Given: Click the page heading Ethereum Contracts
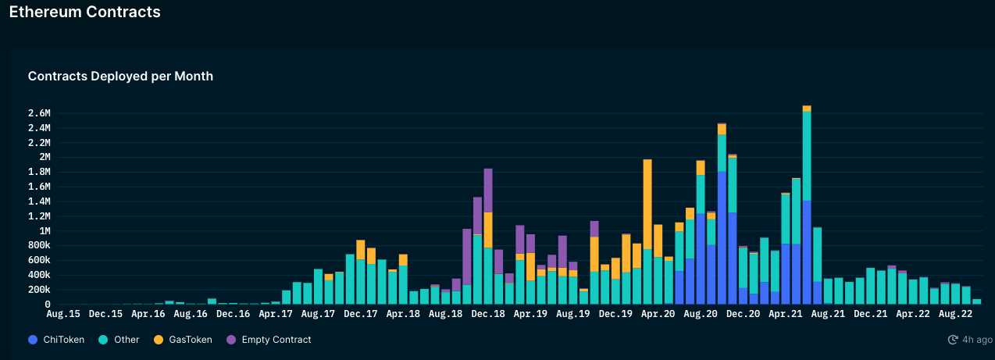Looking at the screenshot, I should [x=84, y=12].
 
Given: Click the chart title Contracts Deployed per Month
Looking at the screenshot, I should [x=120, y=77].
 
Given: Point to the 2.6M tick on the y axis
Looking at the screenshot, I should [x=39, y=112].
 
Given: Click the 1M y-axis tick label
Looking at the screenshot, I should [x=44, y=231].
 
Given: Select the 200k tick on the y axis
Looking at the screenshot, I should [x=39, y=290].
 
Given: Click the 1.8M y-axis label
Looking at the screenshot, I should [x=39, y=187].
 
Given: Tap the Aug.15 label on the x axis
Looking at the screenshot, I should [x=63, y=314].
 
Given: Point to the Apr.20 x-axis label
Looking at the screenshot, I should [x=658, y=314].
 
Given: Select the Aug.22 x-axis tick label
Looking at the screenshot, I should [x=955, y=314].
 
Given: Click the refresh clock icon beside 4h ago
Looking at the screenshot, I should [x=953, y=340].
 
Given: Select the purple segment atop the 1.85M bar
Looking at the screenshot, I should [x=488, y=190].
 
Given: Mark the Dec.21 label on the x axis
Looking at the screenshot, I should [x=870, y=314].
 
